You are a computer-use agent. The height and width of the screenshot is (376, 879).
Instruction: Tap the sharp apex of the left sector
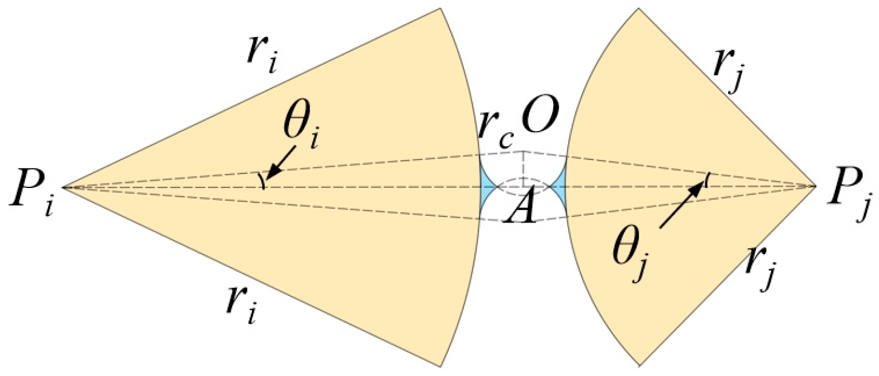coord(63,187)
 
